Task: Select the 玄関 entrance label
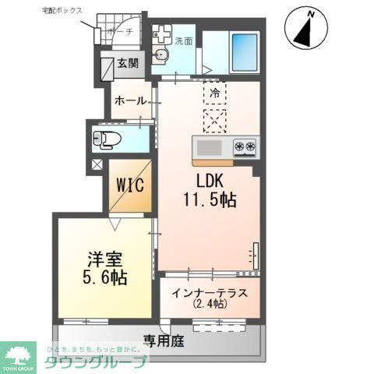(x=129, y=64)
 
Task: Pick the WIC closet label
(x=129, y=186)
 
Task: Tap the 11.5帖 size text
(x=206, y=199)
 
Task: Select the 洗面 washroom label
(x=184, y=41)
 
